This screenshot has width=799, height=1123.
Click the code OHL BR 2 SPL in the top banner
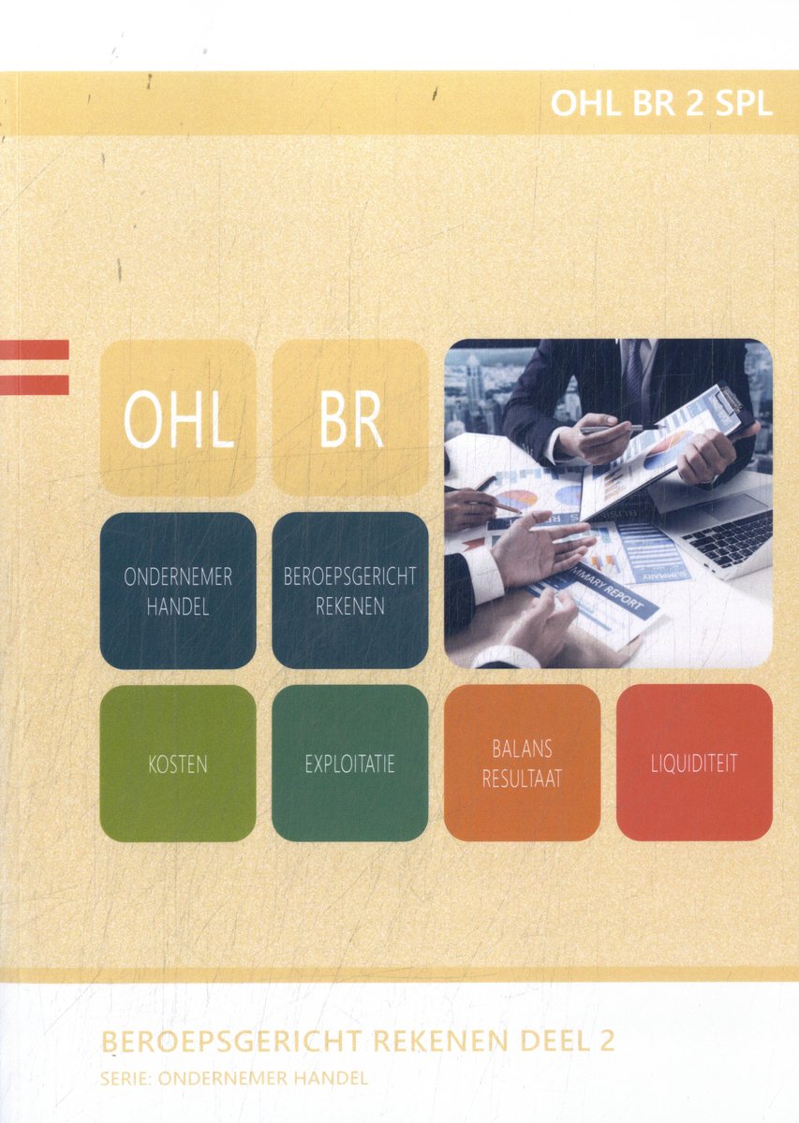point(661,104)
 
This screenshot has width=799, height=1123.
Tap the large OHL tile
point(178,417)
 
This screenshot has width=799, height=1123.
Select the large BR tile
point(350,417)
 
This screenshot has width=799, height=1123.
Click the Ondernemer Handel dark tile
point(178,591)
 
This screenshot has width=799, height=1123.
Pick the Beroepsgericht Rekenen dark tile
point(350,591)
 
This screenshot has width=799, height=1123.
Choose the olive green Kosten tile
point(178,763)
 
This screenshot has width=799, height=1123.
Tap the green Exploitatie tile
point(350,763)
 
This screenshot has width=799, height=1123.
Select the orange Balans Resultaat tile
point(523,763)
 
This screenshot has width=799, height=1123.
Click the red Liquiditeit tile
point(695,763)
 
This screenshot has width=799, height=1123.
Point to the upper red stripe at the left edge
point(34,349)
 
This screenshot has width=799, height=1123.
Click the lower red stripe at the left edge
point(34,385)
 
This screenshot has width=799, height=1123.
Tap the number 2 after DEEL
point(606,1041)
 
